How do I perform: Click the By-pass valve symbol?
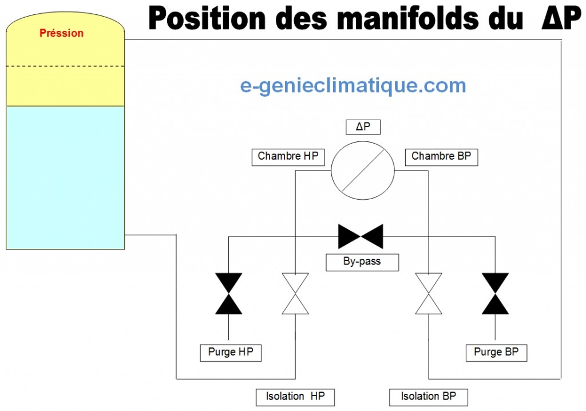pos(361,236)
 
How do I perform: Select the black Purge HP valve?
pos(229,294)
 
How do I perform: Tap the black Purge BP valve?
pos(495,294)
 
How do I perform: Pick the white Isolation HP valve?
pos(295,294)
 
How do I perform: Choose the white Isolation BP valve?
pos(429,294)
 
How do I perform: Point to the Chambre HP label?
pos(288,157)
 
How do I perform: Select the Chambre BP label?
pos(441,157)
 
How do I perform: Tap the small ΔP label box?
pos(363,127)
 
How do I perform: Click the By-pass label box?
pos(362,262)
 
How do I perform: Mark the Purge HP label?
pos(231,353)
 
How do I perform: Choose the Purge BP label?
pos(496,353)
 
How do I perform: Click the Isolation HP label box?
pos(295,397)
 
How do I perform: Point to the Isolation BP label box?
pos(428,397)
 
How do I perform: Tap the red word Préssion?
pos(62,33)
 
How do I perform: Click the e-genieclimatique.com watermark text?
pos(353,86)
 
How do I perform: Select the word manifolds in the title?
pos(407,18)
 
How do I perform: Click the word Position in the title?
pos(207,18)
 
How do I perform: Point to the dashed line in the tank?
pos(65,66)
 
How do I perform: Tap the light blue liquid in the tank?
pos(65,177)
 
